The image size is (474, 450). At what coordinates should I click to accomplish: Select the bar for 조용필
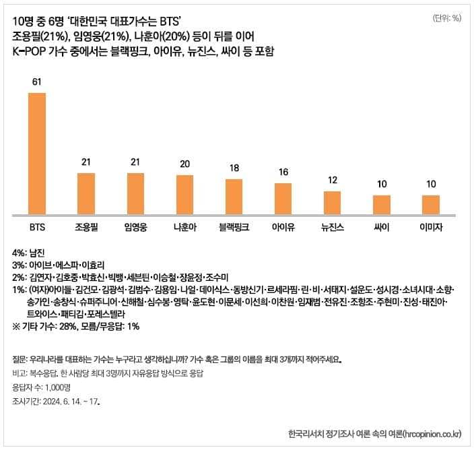(86, 193)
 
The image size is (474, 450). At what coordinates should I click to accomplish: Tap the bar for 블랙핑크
(234, 196)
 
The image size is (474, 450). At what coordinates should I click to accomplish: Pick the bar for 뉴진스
(332, 202)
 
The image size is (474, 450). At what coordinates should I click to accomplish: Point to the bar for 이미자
(431, 204)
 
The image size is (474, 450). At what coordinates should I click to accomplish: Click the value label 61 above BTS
(37, 82)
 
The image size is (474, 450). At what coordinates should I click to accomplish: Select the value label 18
(234, 168)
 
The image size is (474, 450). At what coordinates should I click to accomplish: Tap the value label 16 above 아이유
(283, 172)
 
